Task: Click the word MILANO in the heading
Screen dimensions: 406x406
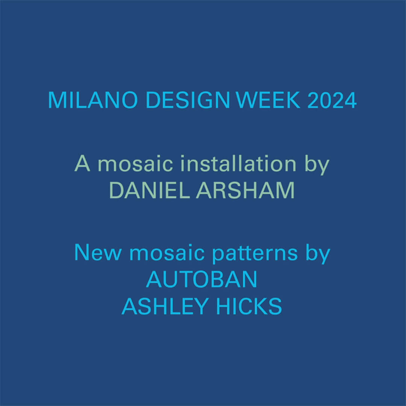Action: tap(93, 100)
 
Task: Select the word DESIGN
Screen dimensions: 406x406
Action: tap(188, 100)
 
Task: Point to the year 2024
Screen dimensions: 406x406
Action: tap(332, 100)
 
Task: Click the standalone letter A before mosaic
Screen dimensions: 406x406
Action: tap(82, 163)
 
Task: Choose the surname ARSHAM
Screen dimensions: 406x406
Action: tap(245, 190)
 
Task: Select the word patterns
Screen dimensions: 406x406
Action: tap(255, 254)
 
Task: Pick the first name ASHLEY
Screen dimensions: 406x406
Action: tap(165, 306)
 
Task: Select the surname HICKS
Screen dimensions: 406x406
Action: tap(249, 306)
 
